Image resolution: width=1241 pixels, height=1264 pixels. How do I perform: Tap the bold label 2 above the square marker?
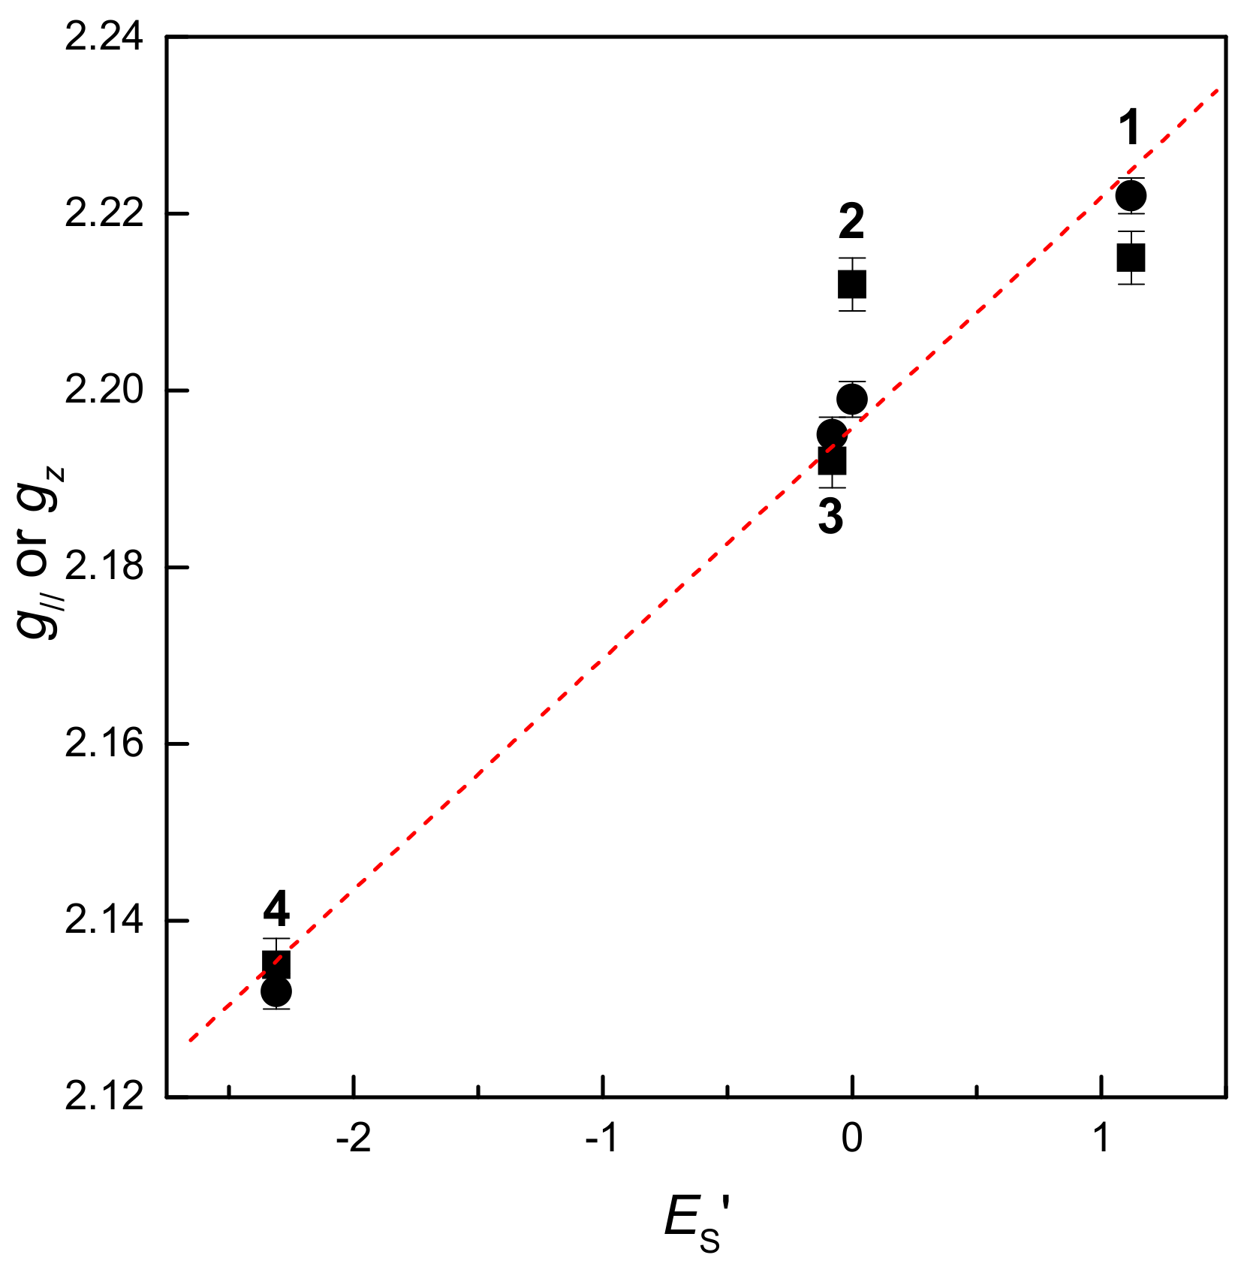[x=851, y=222]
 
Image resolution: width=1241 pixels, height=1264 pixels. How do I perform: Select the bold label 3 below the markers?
[x=830, y=517]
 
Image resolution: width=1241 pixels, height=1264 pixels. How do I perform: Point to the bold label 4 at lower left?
[x=276, y=910]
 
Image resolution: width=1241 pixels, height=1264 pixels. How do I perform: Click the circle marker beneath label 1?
[x=1131, y=196]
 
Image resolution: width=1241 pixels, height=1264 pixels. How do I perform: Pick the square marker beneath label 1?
[x=1131, y=258]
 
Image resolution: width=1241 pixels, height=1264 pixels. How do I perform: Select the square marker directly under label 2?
[x=852, y=285]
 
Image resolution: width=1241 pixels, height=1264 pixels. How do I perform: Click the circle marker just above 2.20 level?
[x=852, y=399]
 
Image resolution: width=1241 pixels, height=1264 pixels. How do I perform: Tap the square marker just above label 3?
[x=832, y=460]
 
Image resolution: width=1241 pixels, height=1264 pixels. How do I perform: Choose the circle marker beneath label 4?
[x=276, y=992]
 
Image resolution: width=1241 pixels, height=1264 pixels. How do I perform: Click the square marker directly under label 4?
[x=276, y=964]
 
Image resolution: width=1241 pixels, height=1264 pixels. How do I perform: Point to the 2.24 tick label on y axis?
[x=104, y=37]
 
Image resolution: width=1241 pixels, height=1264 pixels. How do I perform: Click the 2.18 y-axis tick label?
[x=104, y=568]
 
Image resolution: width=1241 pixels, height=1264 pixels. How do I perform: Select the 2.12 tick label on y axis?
[x=104, y=1097]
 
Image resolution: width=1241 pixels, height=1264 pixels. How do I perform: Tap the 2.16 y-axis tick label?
[x=104, y=744]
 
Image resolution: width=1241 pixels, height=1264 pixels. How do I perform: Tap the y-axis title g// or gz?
[x=41, y=552]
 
